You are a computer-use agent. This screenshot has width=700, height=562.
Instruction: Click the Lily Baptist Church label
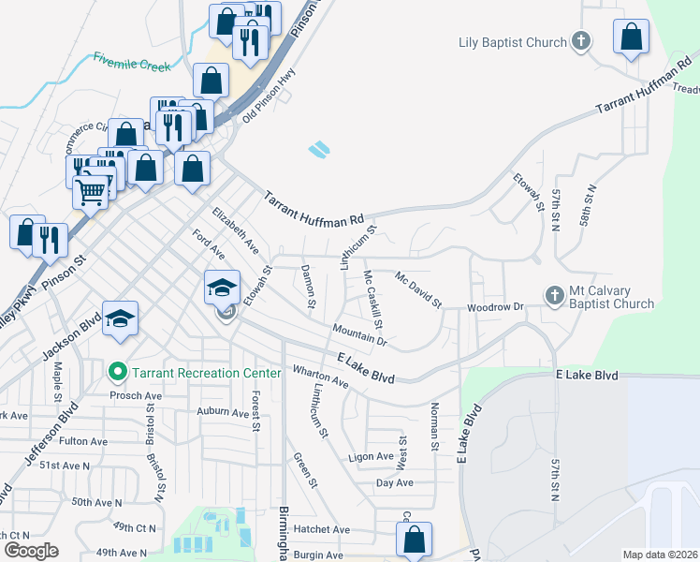[513, 42]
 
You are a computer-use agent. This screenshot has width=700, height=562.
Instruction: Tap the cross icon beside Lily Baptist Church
[581, 41]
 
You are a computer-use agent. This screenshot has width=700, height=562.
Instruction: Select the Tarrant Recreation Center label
[206, 373]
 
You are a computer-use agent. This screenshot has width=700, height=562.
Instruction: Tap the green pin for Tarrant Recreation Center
[118, 373]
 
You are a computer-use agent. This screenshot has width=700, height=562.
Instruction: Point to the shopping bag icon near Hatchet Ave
[414, 540]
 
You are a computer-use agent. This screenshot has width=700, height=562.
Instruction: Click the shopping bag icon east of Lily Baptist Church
[632, 38]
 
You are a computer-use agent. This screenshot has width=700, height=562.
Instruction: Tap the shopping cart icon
[91, 191]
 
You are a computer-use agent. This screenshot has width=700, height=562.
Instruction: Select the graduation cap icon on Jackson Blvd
[121, 318]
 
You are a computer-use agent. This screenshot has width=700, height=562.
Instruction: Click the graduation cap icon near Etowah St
[223, 287]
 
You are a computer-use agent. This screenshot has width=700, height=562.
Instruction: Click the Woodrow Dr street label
[494, 306]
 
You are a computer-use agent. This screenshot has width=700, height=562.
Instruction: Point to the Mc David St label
[417, 289]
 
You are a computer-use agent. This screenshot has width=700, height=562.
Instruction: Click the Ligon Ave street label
[371, 456]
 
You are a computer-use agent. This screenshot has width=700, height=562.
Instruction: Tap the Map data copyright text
[659, 555]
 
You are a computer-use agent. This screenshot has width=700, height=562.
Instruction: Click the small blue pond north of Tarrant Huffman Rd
[319, 149]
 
